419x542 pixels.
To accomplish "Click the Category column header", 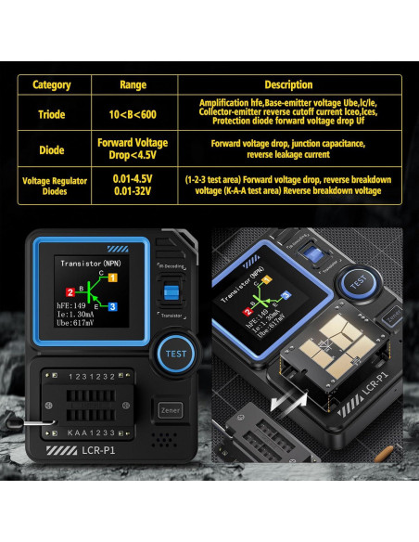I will [x=52, y=84].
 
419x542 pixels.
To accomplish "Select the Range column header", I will [x=133, y=84].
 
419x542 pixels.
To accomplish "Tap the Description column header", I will [x=288, y=84].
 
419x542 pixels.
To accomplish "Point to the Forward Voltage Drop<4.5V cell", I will [x=133, y=149].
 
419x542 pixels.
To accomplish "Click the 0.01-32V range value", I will [x=133, y=191].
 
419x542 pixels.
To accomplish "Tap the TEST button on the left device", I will [x=175, y=353].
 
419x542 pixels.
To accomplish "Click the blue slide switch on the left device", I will [x=170, y=293].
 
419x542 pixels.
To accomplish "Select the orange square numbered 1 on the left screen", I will [x=113, y=277].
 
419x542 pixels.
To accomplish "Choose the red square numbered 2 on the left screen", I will [x=70, y=293].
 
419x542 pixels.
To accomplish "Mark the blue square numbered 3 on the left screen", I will [x=112, y=306].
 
